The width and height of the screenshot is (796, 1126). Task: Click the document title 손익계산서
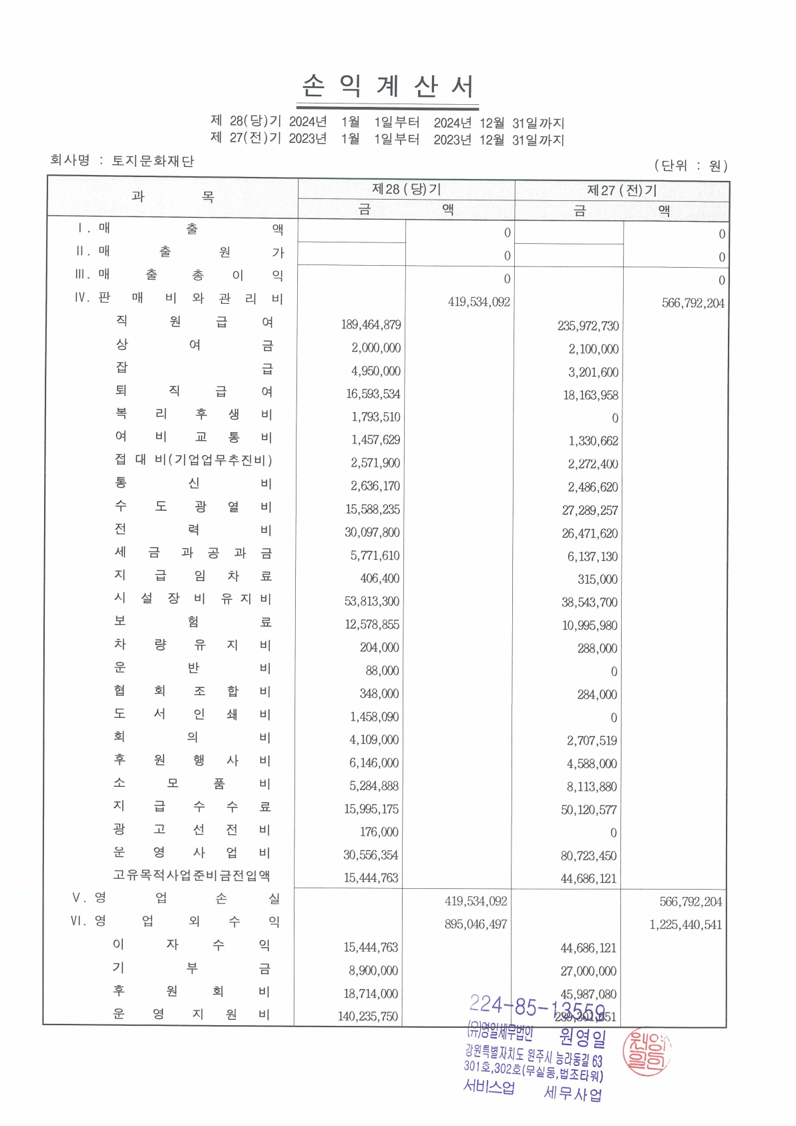click(x=388, y=87)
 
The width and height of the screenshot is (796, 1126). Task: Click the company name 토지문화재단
click(x=152, y=161)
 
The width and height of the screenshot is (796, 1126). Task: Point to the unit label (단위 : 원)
click(x=690, y=166)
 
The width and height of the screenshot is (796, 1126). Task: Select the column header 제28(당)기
click(x=406, y=190)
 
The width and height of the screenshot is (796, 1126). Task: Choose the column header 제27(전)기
click(x=622, y=191)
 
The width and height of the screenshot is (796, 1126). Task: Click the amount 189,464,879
click(x=371, y=325)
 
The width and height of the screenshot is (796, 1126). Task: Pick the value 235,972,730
click(x=588, y=326)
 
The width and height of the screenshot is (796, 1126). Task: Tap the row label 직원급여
click(x=194, y=322)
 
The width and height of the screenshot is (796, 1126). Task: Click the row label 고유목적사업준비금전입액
click(x=192, y=876)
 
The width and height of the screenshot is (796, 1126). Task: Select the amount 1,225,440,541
click(x=685, y=925)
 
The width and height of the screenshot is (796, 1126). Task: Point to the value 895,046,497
click(x=475, y=924)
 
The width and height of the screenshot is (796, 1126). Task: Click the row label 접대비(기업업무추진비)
click(x=194, y=460)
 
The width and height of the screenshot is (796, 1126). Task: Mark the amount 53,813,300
click(x=371, y=601)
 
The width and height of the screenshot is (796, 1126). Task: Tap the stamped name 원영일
click(x=582, y=1038)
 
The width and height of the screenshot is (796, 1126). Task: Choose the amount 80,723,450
click(x=588, y=856)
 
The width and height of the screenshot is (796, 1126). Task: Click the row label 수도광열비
click(x=194, y=507)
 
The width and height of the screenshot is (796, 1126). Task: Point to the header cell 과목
click(x=172, y=196)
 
